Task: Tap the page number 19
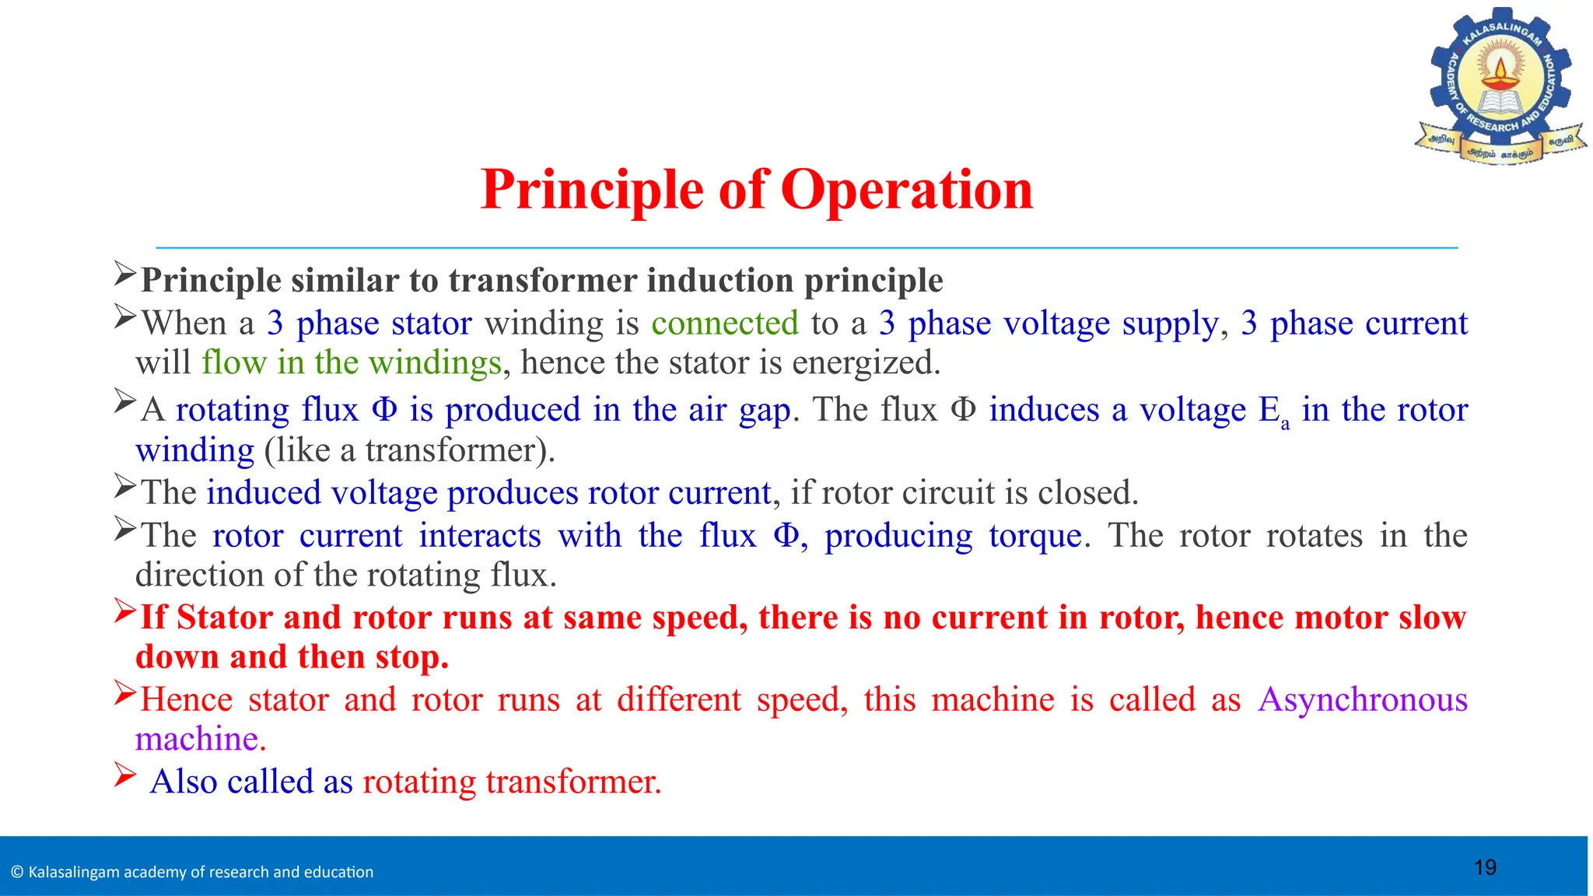click(x=1485, y=867)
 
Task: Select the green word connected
click(x=725, y=324)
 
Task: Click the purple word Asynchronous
click(x=1363, y=699)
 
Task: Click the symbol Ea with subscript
click(x=1273, y=411)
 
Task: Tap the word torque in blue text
click(x=1035, y=536)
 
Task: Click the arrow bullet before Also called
click(x=124, y=775)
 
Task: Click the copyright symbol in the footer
click(x=17, y=873)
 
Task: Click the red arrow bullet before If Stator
click(x=125, y=611)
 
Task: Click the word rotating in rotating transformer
click(x=418, y=782)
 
